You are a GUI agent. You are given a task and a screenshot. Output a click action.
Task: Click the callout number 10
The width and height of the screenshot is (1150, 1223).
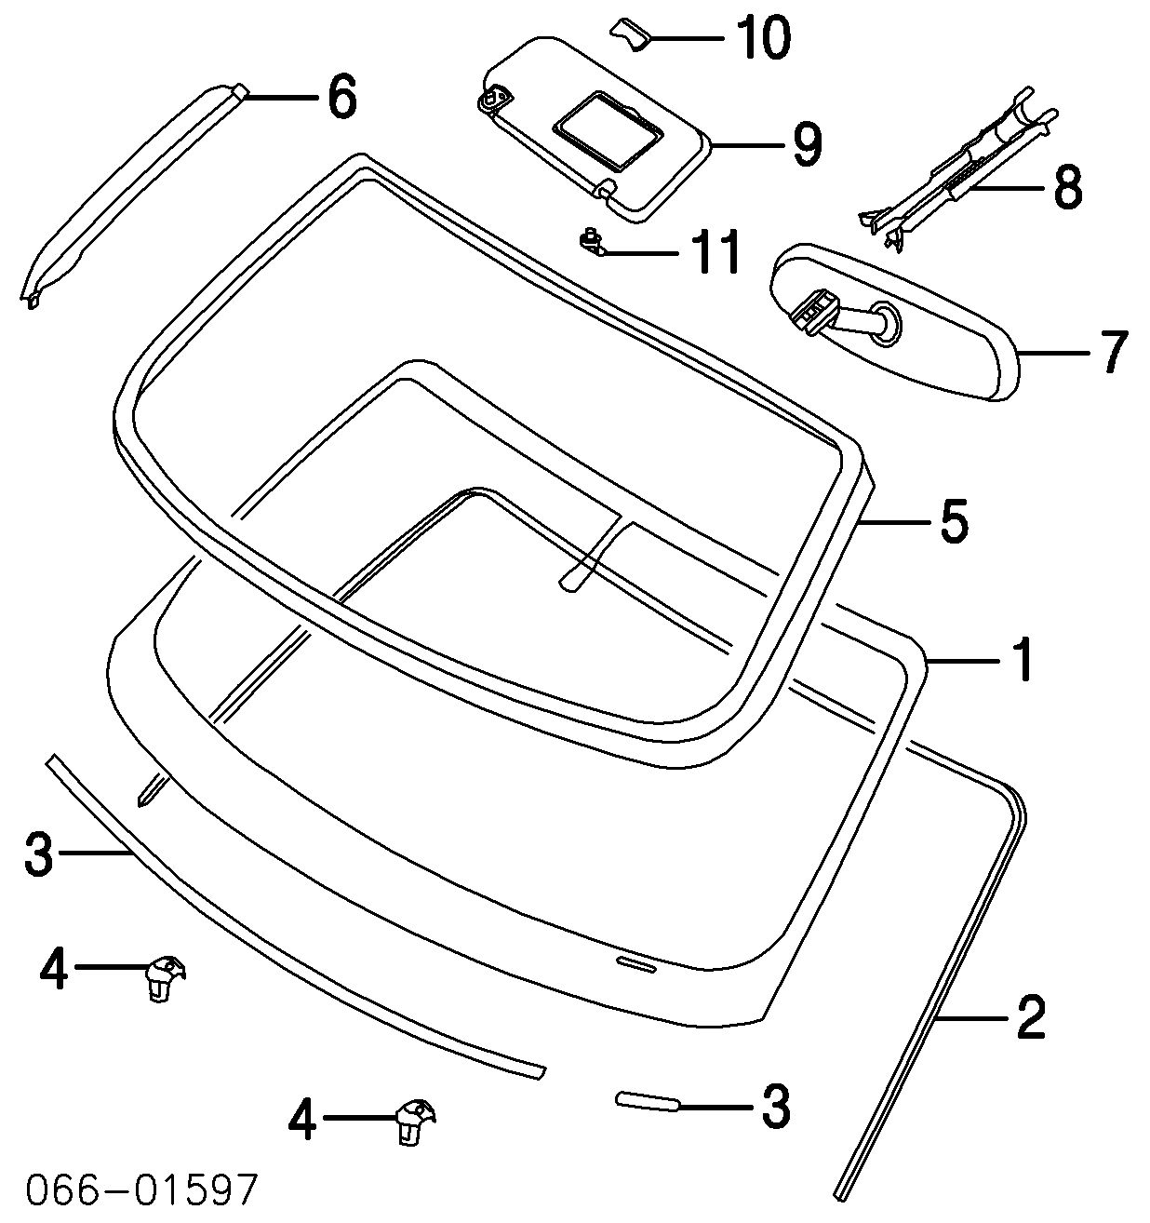click(x=762, y=38)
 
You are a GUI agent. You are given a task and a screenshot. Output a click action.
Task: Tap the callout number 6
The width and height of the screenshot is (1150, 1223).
click(x=341, y=97)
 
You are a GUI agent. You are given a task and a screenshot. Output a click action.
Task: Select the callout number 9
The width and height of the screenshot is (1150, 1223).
click(x=807, y=145)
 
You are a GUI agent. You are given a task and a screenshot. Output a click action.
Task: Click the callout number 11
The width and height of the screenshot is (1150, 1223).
click(x=714, y=251)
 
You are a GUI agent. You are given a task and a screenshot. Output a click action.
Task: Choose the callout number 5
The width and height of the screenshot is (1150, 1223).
click(x=954, y=522)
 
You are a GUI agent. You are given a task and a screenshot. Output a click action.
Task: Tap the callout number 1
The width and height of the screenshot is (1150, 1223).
click(x=1022, y=660)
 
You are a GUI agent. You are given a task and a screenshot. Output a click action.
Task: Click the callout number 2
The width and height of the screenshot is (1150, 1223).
click(x=1030, y=1017)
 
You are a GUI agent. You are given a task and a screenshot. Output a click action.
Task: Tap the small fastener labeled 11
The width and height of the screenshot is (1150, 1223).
click(x=590, y=240)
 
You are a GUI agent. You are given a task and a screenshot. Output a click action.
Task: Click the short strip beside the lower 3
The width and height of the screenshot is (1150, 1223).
click(x=648, y=1102)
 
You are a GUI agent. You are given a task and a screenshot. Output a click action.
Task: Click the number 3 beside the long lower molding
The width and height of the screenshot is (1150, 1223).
click(x=38, y=854)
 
